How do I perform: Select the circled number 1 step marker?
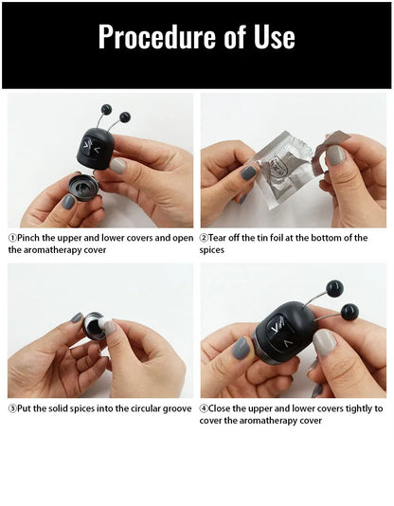(12, 238)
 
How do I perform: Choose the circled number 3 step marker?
(12, 408)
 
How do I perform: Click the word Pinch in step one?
(31, 238)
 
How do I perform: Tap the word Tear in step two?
(223, 238)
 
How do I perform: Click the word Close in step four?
(224, 408)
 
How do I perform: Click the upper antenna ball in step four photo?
(333, 287)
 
